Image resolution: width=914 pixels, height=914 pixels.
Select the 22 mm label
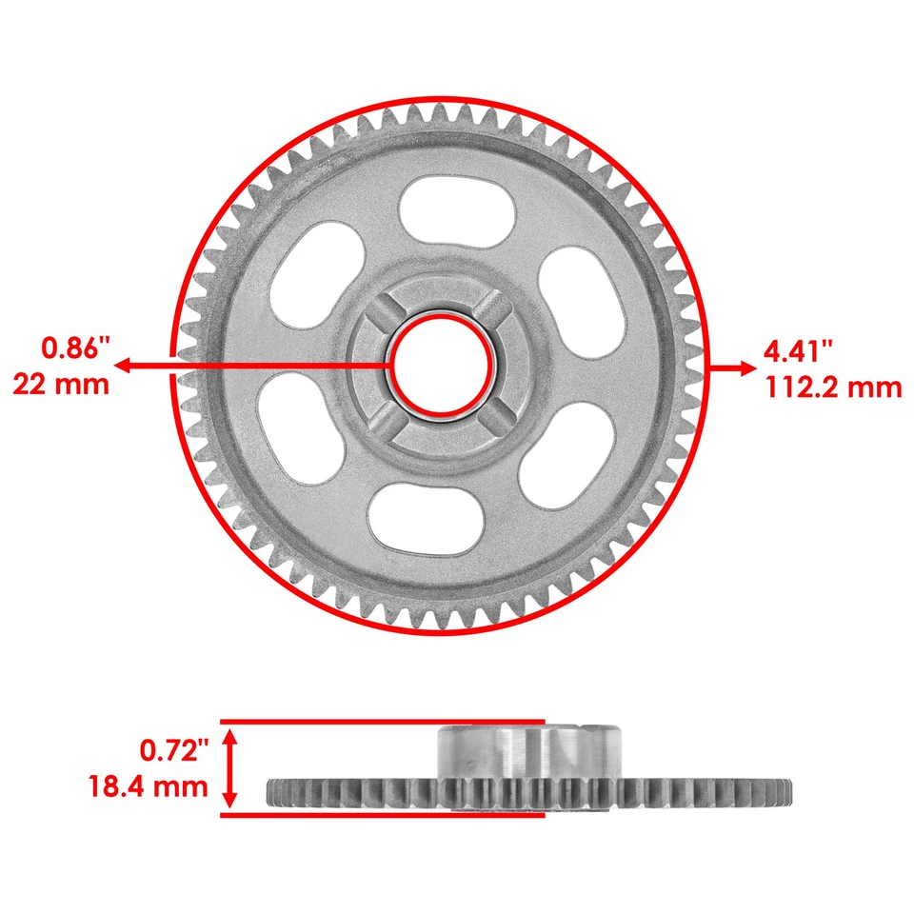[61, 384]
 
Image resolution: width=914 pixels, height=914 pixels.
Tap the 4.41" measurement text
[799, 349]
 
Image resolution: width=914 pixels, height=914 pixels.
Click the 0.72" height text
[173, 750]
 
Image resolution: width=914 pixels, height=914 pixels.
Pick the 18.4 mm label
[149, 786]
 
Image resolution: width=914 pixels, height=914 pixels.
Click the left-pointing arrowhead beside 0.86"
[126, 366]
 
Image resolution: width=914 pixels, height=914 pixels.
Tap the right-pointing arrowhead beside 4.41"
[744, 368]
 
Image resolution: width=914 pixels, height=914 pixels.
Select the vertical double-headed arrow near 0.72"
[228, 767]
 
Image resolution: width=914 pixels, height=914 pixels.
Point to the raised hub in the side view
[528, 749]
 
